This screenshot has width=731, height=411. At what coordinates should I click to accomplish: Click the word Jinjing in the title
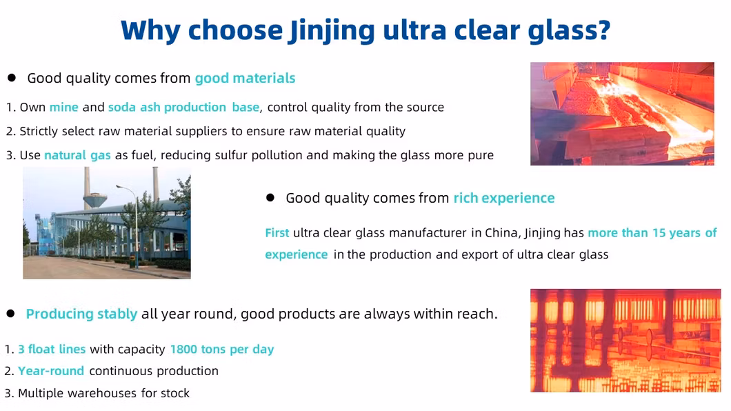tap(332, 31)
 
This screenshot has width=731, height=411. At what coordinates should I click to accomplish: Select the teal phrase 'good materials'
tap(246, 79)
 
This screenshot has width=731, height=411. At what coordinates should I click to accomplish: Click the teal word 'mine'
tap(64, 107)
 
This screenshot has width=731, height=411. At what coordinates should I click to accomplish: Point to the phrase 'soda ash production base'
tap(183, 108)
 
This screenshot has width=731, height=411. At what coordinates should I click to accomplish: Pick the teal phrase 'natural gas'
tap(77, 155)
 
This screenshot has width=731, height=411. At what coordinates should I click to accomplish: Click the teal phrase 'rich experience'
tap(504, 198)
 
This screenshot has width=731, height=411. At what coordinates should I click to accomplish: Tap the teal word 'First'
tap(277, 232)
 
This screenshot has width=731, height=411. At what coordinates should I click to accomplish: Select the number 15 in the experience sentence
tap(659, 232)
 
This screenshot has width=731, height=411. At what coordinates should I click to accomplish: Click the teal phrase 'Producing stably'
tap(81, 314)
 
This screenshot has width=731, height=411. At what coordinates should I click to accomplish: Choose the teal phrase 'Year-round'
tap(51, 371)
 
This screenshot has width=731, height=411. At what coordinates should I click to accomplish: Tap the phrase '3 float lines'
tap(52, 349)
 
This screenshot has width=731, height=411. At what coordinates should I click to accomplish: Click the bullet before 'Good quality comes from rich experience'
tap(270, 198)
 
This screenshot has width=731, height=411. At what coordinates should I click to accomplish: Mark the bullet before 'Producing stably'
tap(11, 314)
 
